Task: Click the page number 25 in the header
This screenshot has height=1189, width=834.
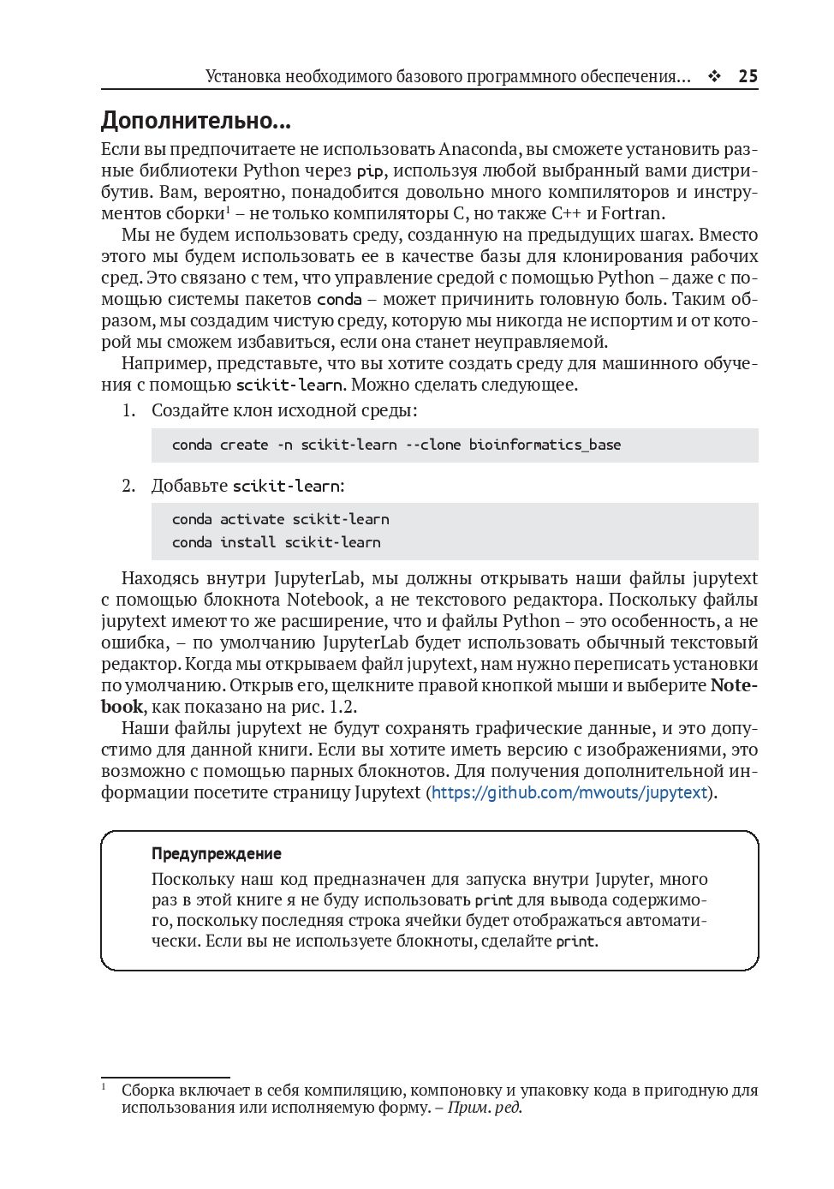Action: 748,76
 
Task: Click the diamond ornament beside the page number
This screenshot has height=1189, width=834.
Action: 714,76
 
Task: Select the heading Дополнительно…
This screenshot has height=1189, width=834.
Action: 196,120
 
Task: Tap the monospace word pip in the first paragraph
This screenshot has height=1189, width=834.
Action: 370,171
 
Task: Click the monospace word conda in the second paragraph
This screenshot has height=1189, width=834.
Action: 339,300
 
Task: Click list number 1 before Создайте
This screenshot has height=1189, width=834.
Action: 128,410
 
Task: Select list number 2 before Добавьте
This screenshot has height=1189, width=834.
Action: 128,486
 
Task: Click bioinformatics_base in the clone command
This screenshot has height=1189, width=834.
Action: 545,445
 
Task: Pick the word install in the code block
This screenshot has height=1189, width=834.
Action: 247,542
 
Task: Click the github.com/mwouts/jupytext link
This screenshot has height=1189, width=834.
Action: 569,792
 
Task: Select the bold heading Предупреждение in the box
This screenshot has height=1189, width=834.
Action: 216,853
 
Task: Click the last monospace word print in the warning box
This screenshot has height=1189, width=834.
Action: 575,941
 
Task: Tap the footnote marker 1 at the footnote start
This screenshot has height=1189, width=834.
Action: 104,1086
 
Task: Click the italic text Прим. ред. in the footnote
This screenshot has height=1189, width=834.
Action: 485,1107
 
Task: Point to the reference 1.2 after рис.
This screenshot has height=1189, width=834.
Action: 342,707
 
